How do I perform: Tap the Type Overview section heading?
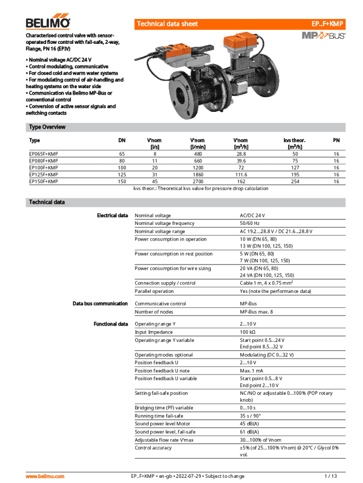47,127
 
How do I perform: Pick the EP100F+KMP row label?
44,167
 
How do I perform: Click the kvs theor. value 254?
296,181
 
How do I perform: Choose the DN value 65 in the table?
122,154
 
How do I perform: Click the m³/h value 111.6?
241,175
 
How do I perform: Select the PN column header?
336,140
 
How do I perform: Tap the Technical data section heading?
47,202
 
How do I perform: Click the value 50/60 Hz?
250,224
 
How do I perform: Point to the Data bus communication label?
100,303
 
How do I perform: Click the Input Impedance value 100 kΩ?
248,332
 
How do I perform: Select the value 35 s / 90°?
250,416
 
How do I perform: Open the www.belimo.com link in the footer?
45,476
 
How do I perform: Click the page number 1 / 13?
331,476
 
